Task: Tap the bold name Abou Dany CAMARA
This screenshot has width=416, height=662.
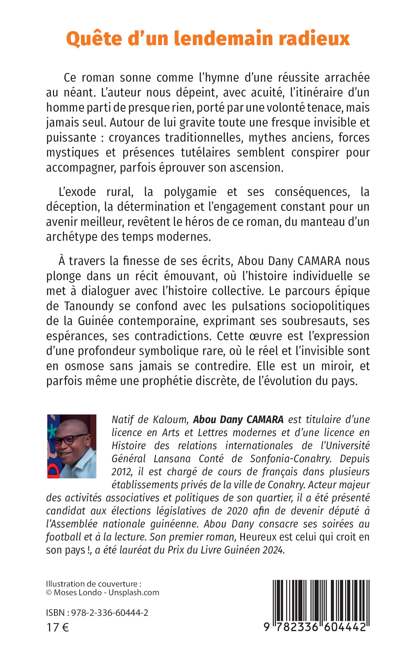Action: click(238, 420)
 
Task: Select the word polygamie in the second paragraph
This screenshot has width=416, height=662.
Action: click(190, 192)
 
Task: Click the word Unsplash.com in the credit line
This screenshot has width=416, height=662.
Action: click(134, 592)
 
